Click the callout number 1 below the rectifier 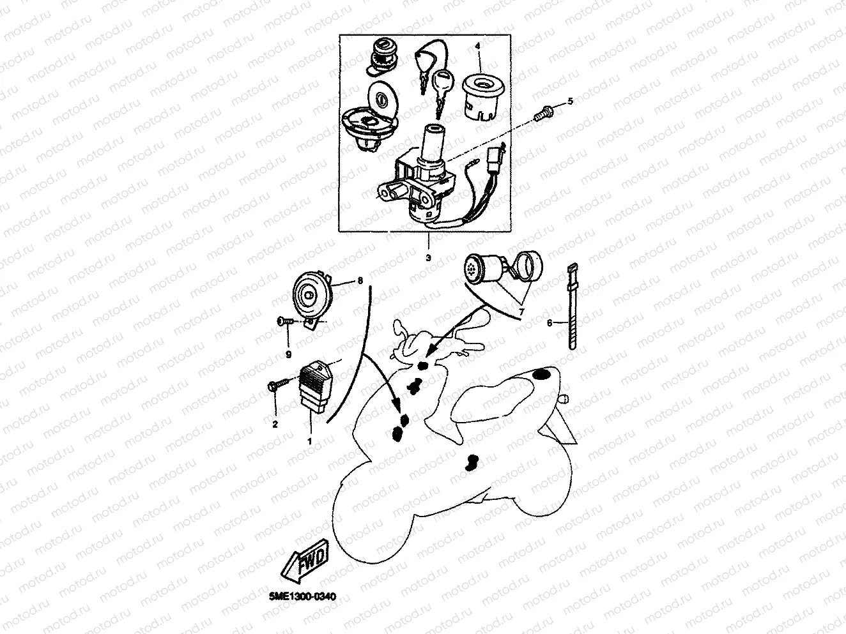coord(311,441)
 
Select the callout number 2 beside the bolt coord(275,423)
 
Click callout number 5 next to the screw coord(571,102)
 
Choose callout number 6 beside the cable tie coord(549,323)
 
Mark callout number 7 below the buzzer coord(521,312)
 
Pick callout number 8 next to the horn coord(360,280)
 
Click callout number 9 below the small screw coord(288,353)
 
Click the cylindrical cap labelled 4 coord(484,94)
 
